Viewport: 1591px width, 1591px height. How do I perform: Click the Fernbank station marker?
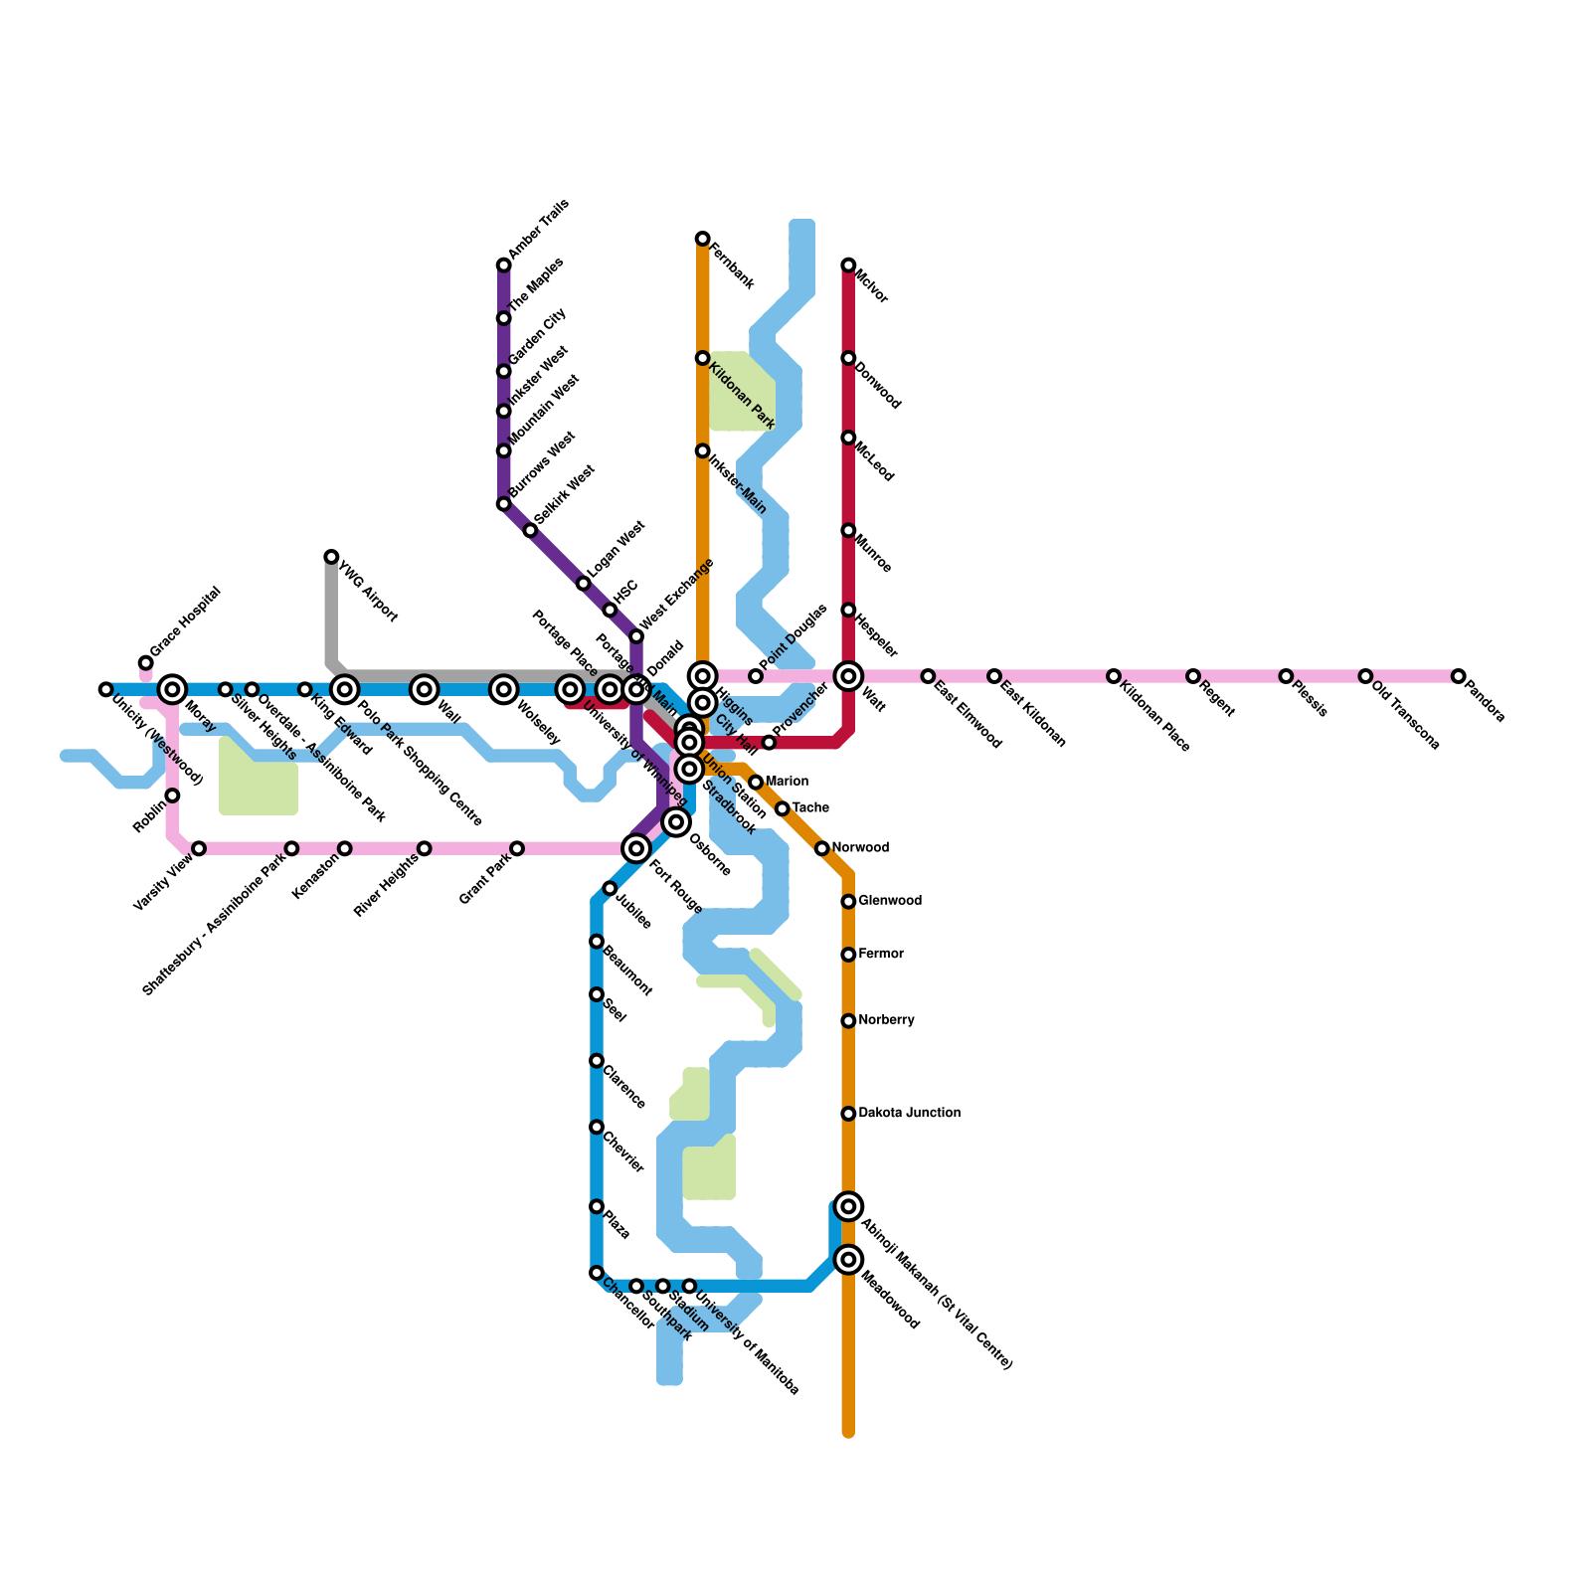pos(703,239)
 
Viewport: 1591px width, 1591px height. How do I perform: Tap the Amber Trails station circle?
pos(504,265)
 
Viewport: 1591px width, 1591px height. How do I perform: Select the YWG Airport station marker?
pos(331,557)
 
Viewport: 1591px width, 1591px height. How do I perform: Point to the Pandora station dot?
pos(1458,676)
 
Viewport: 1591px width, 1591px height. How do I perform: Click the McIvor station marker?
pos(848,265)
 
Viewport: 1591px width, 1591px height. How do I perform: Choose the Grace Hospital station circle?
pos(146,663)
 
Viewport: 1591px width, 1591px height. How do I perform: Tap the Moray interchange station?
pos(173,689)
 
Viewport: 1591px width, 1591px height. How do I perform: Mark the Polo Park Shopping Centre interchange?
pos(345,689)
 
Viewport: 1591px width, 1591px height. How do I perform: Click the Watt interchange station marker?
pos(848,676)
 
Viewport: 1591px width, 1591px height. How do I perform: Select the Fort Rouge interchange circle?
pos(636,848)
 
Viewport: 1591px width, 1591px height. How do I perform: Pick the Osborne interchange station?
pos(676,822)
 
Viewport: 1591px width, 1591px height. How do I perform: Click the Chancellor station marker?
pos(597,1273)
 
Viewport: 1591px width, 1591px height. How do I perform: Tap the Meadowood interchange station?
pos(848,1260)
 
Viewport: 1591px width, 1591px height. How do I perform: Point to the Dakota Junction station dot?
pos(848,1114)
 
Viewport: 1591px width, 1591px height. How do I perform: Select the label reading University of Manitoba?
pos(747,1343)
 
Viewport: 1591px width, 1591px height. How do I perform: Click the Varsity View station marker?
pos(199,848)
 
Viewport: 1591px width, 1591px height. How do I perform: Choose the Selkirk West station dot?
pos(530,530)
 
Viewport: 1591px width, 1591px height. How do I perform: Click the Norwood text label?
pos(860,848)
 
